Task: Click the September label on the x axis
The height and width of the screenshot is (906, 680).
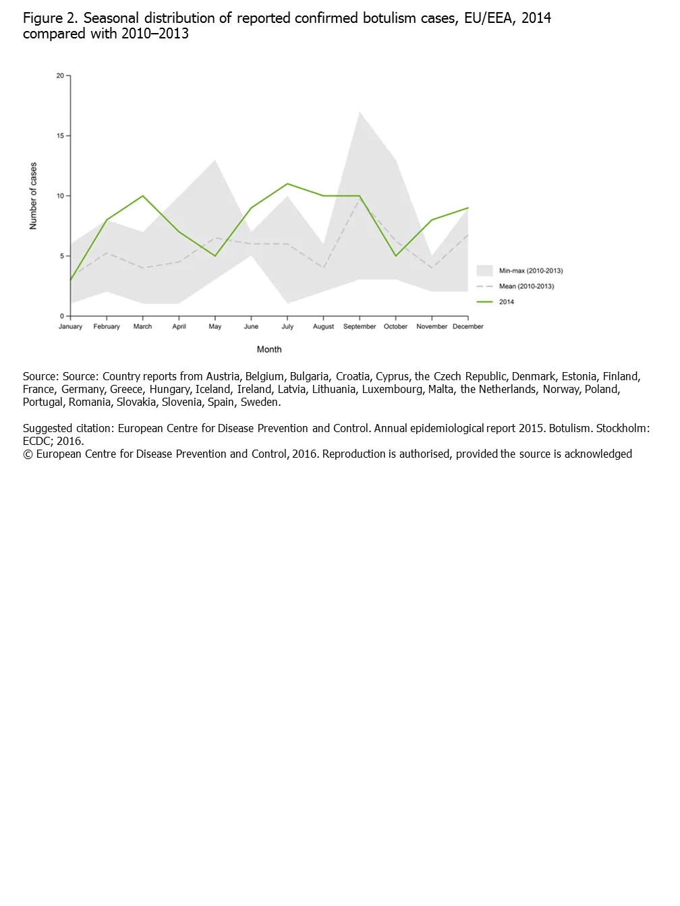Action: (x=359, y=326)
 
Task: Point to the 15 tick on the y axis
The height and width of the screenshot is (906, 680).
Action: (x=61, y=135)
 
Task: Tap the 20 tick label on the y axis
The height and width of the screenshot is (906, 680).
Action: (x=60, y=75)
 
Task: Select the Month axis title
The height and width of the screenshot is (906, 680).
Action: (x=269, y=349)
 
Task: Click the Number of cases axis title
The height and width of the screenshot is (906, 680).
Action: (x=33, y=196)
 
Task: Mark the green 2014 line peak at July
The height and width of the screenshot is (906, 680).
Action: (x=287, y=183)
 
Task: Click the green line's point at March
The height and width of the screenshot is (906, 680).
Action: (x=143, y=196)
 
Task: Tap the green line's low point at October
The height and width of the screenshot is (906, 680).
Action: (x=396, y=255)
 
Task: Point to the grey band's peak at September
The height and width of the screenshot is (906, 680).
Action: (x=360, y=113)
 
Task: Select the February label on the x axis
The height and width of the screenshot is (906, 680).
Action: (x=107, y=326)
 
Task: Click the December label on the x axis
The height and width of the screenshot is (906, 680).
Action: (x=468, y=326)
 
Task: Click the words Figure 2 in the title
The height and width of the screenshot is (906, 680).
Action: (x=50, y=18)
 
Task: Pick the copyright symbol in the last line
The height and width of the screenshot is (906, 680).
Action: (x=28, y=454)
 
